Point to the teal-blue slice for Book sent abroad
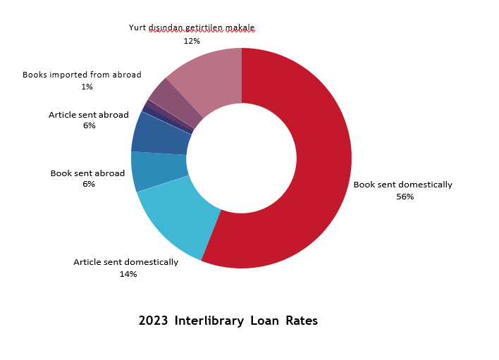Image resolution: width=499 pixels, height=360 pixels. pos(159,170)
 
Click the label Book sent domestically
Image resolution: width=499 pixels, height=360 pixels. pos(402,185)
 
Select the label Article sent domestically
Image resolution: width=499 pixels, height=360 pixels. pos(125,262)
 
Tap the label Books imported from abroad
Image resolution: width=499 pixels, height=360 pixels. pos(82,75)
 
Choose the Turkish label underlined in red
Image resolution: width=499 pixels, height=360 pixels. pos(192,28)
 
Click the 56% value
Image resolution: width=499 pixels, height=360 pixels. pos(405,197)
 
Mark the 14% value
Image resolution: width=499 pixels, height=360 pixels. pos(128,274)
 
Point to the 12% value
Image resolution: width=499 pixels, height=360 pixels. pos(192,41)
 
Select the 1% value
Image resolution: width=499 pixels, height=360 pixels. pos(87,87)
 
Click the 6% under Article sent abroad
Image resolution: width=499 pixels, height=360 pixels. pos(89,126)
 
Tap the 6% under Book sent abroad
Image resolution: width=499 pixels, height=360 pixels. pos(88,185)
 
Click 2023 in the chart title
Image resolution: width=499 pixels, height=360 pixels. pos(153,321)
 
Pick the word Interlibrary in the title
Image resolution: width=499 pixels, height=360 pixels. pos(209,321)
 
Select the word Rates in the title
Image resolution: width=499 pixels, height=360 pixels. pos(302,321)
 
